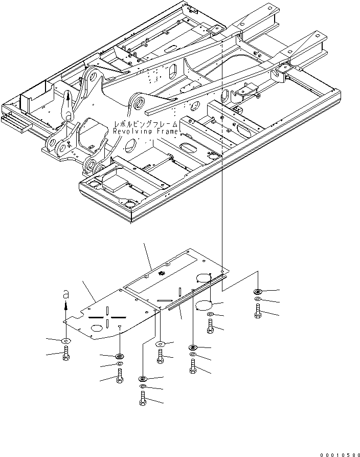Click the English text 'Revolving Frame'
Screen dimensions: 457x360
point(146,132)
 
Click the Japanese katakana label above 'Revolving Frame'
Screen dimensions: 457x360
point(147,124)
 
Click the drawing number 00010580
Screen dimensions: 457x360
point(338,453)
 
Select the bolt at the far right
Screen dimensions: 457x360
point(257,311)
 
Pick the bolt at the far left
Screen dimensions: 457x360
point(66,353)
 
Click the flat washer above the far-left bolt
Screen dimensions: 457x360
point(66,341)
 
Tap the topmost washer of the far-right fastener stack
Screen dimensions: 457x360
point(257,292)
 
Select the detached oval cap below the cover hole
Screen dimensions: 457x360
point(205,306)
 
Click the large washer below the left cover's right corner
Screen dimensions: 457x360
point(161,344)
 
